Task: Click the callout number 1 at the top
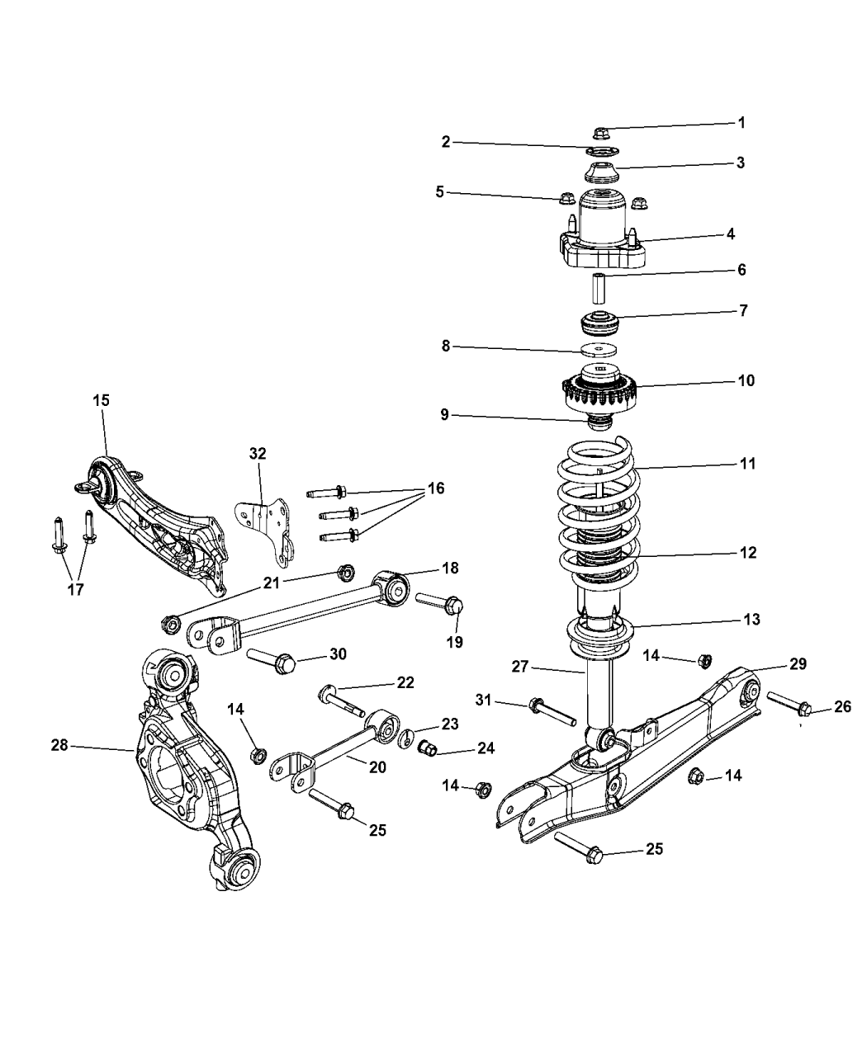click(x=741, y=123)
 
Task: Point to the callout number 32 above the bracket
click(x=258, y=453)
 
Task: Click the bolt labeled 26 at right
click(x=789, y=703)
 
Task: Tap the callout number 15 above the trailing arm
click(x=101, y=400)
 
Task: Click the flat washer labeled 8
click(x=600, y=350)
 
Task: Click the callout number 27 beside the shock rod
click(x=519, y=667)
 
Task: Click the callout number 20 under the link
click(x=377, y=767)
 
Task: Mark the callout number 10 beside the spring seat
click(x=746, y=381)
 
